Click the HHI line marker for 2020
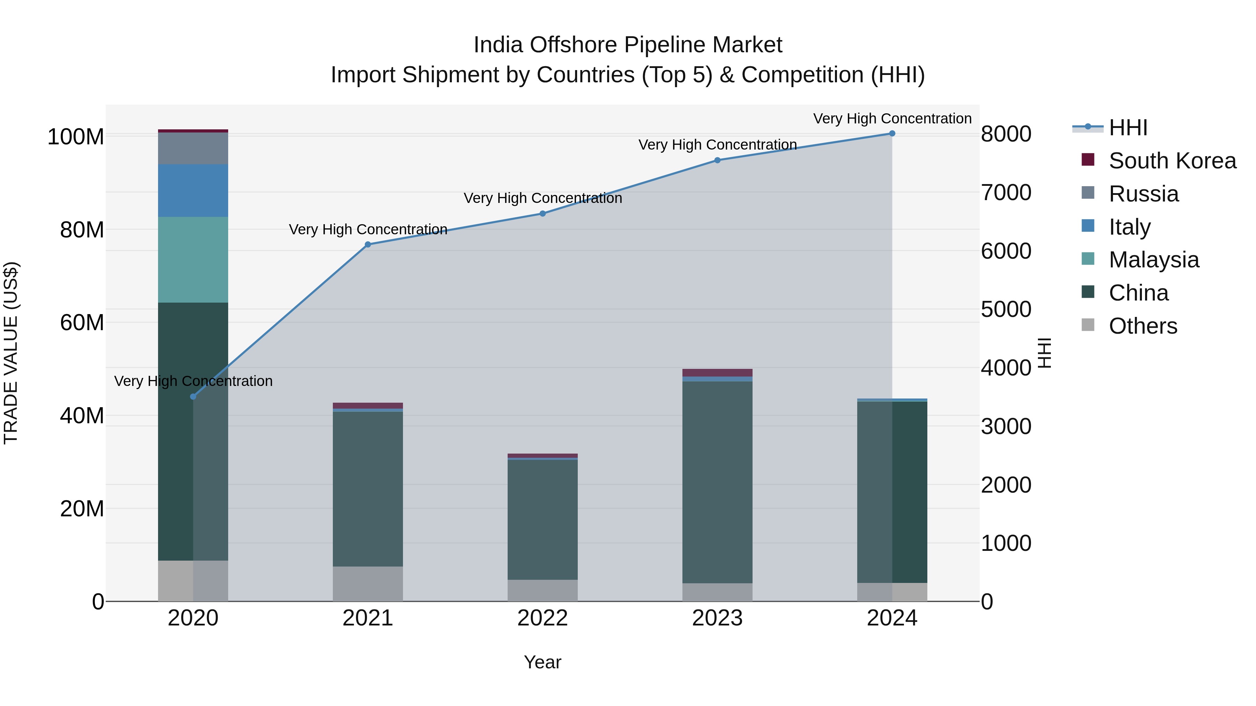pyautogui.click(x=193, y=397)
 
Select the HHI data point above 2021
pyautogui.click(x=368, y=245)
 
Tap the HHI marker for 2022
pyautogui.click(x=542, y=213)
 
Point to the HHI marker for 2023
pyautogui.click(x=717, y=160)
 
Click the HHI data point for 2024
pyautogui.click(x=892, y=134)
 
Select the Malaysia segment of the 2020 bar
pyautogui.click(x=193, y=260)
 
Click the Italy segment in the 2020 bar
pyautogui.click(x=193, y=190)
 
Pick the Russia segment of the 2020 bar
pyautogui.click(x=193, y=148)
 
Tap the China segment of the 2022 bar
pyautogui.click(x=542, y=519)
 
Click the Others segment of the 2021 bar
pyautogui.click(x=368, y=583)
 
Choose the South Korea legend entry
pyautogui.click(x=1172, y=161)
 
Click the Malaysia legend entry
pyautogui.click(x=1154, y=260)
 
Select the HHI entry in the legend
pyautogui.click(x=1128, y=128)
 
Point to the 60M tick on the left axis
pyautogui.click(x=82, y=322)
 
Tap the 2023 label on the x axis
pyautogui.click(x=717, y=618)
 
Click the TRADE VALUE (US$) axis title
pyautogui.click(x=11, y=353)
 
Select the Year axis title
pyautogui.click(x=542, y=662)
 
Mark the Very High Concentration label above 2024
pyautogui.click(x=892, y=119)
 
